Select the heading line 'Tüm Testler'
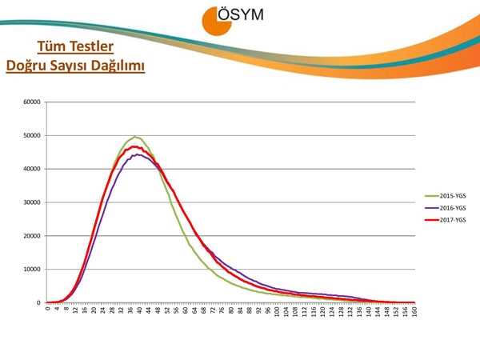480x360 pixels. coord(75,46)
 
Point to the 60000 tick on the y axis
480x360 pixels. coord(32,102)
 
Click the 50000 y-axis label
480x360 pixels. coord(32,135)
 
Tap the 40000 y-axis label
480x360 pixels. coord(32,169)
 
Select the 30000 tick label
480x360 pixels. coord(32,202)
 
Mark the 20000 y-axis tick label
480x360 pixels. coord(32,236)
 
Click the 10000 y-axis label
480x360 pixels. coord(32,270)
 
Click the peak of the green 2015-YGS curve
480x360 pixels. coord(135,137)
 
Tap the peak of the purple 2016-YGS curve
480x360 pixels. coord(138,154)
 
